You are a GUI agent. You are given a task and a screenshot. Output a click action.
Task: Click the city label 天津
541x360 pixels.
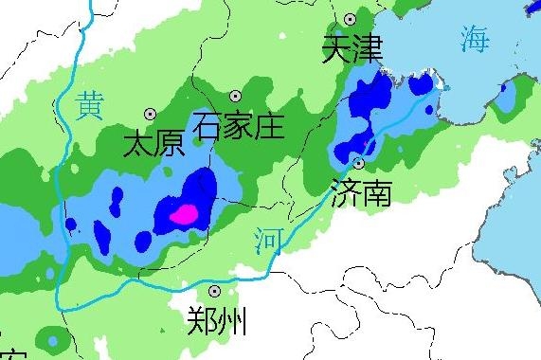352,50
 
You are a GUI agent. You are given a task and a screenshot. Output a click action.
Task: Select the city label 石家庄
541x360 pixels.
238,125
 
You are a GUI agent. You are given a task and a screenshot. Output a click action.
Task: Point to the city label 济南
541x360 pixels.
361,192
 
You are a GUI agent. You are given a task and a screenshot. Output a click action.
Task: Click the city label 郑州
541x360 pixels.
218,322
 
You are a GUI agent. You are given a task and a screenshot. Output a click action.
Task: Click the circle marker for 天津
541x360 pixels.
351,19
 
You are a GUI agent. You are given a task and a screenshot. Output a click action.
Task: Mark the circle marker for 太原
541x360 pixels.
149,113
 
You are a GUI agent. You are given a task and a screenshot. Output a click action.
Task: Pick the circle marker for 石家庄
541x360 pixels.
235,96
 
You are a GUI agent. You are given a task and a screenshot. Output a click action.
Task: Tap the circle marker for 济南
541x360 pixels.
358,162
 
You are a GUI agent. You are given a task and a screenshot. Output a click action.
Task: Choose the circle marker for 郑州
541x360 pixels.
215,291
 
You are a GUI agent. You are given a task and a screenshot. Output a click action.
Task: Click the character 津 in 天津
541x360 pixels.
367,50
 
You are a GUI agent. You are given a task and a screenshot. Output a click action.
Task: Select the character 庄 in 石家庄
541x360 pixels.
269,125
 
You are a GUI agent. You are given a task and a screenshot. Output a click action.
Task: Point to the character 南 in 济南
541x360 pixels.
376,192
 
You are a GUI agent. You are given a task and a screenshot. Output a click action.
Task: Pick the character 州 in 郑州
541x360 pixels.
233,322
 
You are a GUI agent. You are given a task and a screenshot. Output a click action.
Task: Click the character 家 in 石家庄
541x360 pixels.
238,125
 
